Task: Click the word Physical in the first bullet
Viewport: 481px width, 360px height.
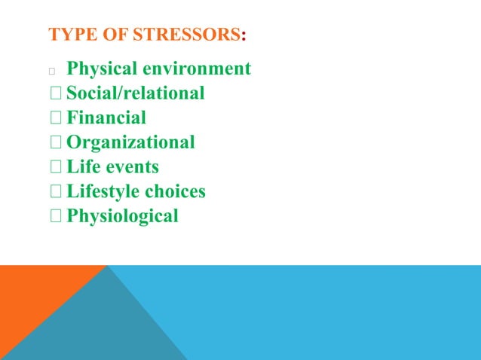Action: tap(103, 69)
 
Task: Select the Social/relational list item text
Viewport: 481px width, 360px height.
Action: tap(136, 93)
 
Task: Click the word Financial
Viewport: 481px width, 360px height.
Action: tap(106, 117)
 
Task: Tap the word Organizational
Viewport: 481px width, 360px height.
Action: tap(130, 142)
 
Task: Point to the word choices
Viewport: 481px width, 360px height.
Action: tap(175, 191)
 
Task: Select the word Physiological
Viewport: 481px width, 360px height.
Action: tap(123, 216)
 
